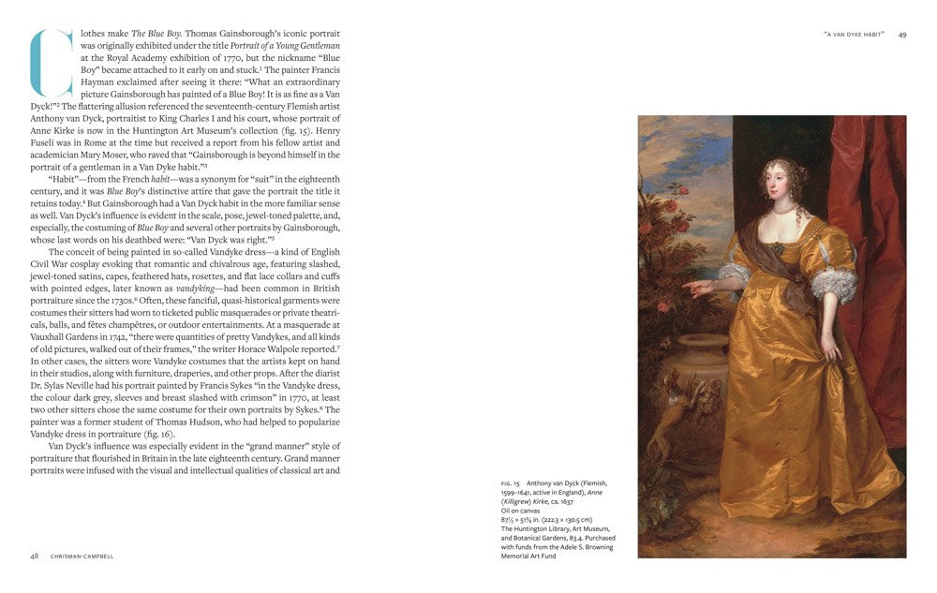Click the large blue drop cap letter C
[52, 64]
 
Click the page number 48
[34, 556]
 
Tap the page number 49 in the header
[902, 35]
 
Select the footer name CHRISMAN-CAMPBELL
[82, 556]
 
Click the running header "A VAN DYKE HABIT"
[854, 35]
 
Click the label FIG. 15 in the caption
[510, 483]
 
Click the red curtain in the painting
[876, 281]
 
